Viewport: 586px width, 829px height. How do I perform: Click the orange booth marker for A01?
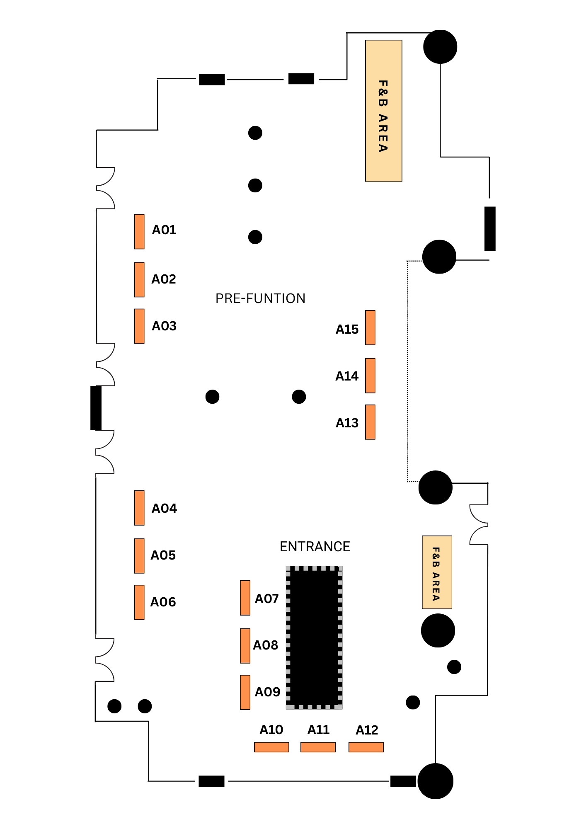coord(139,232)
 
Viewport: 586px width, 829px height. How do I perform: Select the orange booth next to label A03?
coord(139,326)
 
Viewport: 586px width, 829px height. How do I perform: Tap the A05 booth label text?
coord(163,555)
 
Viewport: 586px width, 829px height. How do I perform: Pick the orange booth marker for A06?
coord(139,602)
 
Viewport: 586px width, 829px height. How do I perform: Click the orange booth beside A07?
coord(245,598)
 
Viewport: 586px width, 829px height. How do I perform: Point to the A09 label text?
coord(267,692)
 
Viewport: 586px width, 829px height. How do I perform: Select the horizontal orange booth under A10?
coord(271,747)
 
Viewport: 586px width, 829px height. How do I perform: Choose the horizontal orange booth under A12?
coord(366,747)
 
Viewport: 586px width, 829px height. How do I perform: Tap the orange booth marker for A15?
coord(370,327)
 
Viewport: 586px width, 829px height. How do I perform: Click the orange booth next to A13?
coord(370,422)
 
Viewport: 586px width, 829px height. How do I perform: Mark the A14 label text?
coord(347,376)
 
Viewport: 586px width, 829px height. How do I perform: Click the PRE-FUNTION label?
coord(260,298)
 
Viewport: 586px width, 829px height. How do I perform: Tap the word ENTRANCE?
coord(315,547)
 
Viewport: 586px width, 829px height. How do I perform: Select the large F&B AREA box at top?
coord(383,111)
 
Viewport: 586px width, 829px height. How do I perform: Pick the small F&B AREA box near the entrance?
coord(437,572)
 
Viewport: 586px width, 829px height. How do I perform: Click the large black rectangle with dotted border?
coord(314,638)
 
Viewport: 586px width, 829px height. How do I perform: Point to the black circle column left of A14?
coord(299,397)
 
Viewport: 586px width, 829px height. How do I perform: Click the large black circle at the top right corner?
coord(440,47)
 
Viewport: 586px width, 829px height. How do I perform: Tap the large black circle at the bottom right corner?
coord(436,781)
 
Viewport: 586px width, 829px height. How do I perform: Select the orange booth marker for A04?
coord(139,508)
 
